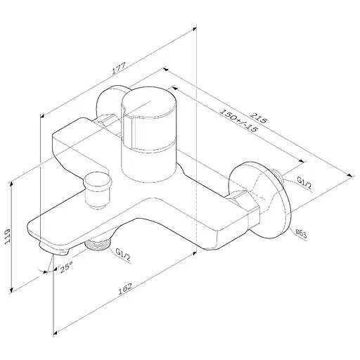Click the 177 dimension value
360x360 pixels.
(119, 68)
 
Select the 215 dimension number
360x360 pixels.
(258, 117)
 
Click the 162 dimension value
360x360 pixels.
(125, 289)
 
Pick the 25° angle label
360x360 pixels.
(66, 267)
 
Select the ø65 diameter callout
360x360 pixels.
(301, 234)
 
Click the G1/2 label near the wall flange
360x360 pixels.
(304, 183)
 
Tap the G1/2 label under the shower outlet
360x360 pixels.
(123, 255)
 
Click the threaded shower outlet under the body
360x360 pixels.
(98, 245)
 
